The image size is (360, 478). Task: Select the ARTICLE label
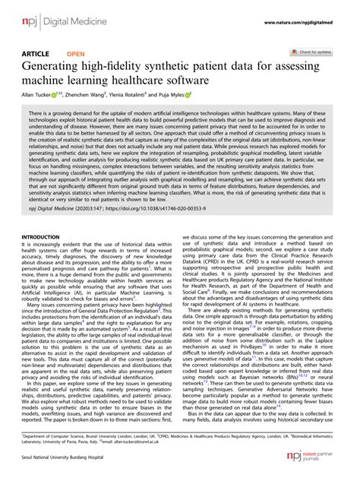coord(37,54)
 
